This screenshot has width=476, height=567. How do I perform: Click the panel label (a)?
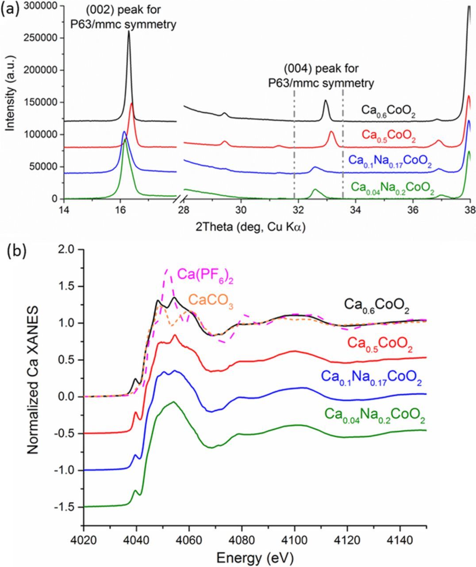(x=10, y=9)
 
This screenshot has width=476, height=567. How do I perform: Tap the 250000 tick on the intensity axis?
(x=44, y=38)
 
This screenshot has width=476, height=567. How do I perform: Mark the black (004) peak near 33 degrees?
(x=326, y=101)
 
